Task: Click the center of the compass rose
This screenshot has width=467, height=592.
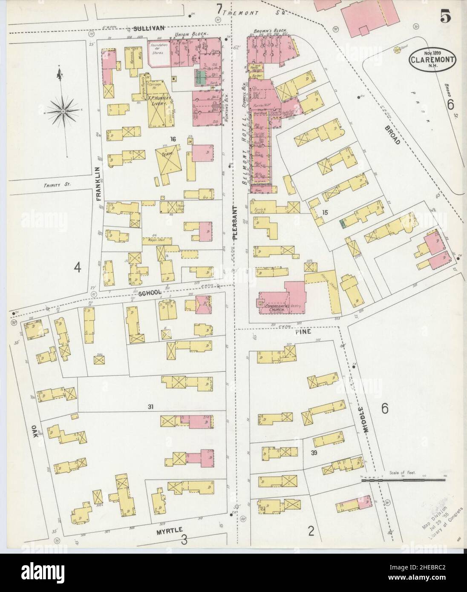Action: (x=63, y=111)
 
